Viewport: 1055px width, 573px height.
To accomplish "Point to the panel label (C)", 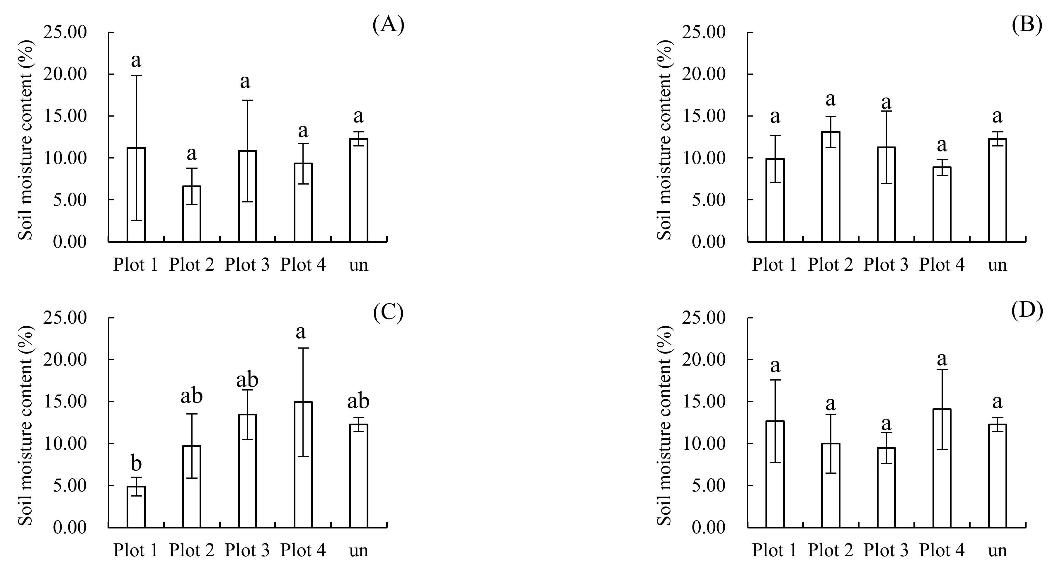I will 388,312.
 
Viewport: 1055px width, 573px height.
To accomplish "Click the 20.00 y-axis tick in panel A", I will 70,74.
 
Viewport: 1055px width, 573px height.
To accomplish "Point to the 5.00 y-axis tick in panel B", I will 709,200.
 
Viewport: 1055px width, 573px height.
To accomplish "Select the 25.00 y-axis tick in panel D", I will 709,318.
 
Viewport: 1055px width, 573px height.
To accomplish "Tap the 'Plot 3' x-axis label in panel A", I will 247,265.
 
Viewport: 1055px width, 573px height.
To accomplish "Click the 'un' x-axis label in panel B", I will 997,265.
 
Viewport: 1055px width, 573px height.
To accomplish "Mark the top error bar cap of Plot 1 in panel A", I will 136,75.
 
